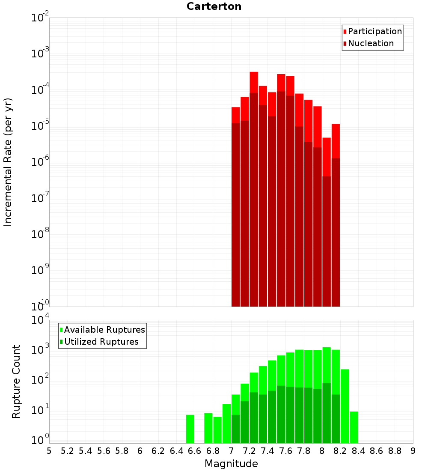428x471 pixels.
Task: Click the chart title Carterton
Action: [x=214, y=6]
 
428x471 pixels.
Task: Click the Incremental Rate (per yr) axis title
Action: [x=8, y=162]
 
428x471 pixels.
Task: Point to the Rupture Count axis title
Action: [x=16, y=382]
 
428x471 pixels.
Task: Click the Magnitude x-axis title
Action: [x=231, y=464]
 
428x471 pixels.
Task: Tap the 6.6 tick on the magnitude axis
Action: [x=194, y=451]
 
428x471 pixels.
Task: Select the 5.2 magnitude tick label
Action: [x=67, y=451]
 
